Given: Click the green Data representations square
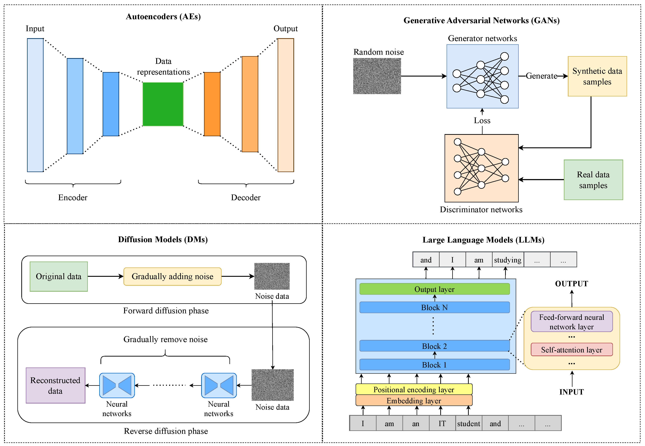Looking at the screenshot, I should pos(163,104).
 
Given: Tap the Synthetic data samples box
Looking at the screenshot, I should pos(597,76).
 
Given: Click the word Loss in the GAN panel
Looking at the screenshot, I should pos(482,120).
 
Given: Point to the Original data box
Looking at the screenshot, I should pos(59,276).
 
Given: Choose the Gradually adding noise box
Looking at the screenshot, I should pos(172,276).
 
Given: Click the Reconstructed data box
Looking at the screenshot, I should pos(55,385).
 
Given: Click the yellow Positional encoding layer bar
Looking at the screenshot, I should pos(414,389).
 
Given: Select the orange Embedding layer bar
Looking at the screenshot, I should pos(414,400).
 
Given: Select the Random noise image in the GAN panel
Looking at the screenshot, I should pos(377,76).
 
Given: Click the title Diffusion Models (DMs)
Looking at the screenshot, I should pos(163,239).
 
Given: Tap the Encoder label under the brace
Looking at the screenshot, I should pos(73,198).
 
